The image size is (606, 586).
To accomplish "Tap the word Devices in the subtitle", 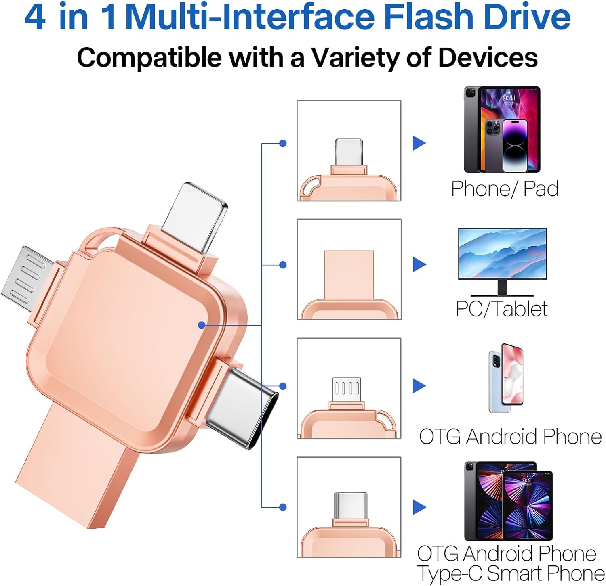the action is tap(488, 57).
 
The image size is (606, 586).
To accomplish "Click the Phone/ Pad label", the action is tap(505, 188).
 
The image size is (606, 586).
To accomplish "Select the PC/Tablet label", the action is tap(502, 309).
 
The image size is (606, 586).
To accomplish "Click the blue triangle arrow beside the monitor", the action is tap(419, 264).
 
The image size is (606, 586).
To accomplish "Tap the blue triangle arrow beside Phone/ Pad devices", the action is tap(419, 143).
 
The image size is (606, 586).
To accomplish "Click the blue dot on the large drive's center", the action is tap(202, 325).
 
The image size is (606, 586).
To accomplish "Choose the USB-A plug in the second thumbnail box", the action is tap(349, 274).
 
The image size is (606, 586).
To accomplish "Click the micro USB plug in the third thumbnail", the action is tap(346, 390).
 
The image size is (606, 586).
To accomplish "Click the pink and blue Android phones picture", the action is tap(506, 378).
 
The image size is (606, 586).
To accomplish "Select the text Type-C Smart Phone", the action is tap(511, 573).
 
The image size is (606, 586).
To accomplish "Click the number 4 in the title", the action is tap(35, 17).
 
